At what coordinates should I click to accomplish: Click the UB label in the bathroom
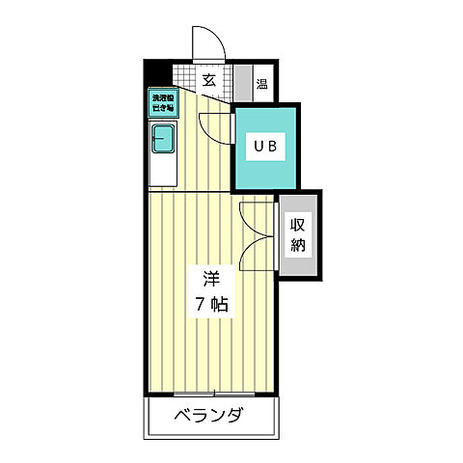pyautogui.click(x=265, y=146)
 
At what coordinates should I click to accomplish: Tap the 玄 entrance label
pyautogui.click(x=208, y=80)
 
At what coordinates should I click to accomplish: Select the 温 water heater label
pyautogui.click(x=262, y=83)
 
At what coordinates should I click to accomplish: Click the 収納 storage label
pyautogui.click(x=298, y=234)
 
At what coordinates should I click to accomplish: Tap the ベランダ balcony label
pyautogui.click(x=208, y=417)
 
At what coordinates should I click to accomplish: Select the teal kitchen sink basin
pyautogui.click(x=161, y=140)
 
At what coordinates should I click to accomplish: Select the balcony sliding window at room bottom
pyautogui.click(x=213, y=394)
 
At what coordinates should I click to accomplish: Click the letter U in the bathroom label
pyautogui.click(x=259, y=146)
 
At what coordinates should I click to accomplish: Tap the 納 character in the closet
pyautogui.click(x=298, y=244)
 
